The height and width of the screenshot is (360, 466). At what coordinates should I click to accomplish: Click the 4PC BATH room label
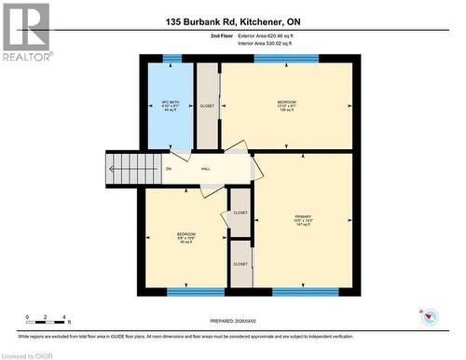click(x=171, y=105)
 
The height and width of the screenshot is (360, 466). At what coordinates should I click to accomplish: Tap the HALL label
click(x=205, y=169)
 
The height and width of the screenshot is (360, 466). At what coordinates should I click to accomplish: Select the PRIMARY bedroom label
click(x=302, y=220)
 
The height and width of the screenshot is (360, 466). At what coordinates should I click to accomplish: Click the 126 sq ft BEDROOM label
click(x=286, y=105)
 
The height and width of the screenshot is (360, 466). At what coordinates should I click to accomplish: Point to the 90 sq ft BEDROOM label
click(x=185, y=238)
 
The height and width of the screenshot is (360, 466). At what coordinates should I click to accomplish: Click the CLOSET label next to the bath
click(x=207, y=106)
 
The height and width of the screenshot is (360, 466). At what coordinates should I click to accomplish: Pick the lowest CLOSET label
click(x=240, y=264)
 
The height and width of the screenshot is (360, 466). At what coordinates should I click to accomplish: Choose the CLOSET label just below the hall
click(x=240, y=213)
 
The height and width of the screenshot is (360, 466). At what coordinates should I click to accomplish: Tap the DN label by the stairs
click(x=169, y=169)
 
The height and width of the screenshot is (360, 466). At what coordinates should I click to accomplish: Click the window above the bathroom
click(x=171, y=59)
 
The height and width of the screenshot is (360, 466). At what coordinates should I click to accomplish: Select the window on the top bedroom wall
click(x=286, y=59)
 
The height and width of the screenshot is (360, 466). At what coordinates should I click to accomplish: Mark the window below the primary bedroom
click(x=305, y=292)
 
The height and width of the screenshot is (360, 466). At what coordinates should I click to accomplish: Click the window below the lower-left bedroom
click(x=196, y=292)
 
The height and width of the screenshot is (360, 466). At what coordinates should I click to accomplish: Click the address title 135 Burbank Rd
click(x=232, y=21)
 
